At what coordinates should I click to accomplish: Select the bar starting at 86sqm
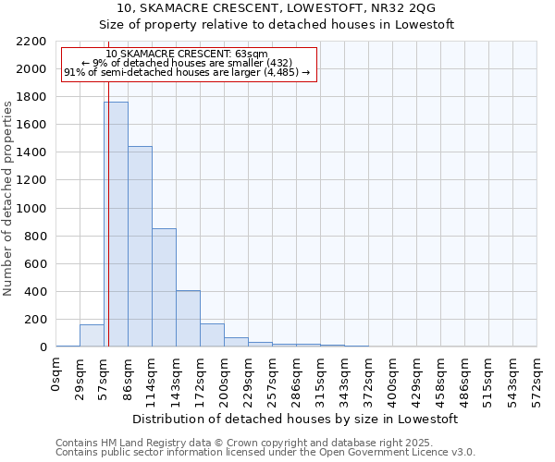pyautogui.click(x=140, y=247)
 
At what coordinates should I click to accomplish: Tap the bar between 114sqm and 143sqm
pyautogui.click(x=164, y=287)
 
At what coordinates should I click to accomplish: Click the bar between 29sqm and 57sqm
pyautogui.click(x=92, y=336)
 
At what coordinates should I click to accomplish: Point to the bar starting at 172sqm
pyautogui.click(x=212, y=335)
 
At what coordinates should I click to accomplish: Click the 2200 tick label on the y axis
pyautogui.click(x=31, y=42)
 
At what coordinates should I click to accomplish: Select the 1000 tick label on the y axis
pyautogui.click(x=31, y=209)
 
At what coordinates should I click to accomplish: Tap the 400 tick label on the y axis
pyautogui.click(x=34, y=292)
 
